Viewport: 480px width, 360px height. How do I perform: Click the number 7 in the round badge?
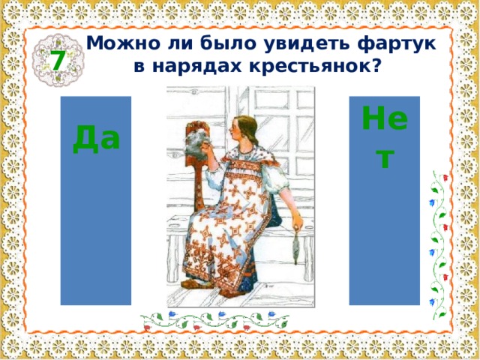click(x=57, y=60)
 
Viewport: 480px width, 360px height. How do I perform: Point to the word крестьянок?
click(x=310, y=66)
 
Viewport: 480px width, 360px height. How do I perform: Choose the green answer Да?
click(x=96, y=138)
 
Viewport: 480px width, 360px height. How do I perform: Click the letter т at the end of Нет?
click(x=384, y=157)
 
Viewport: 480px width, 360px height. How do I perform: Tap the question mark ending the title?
click(x=375, y=66)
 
